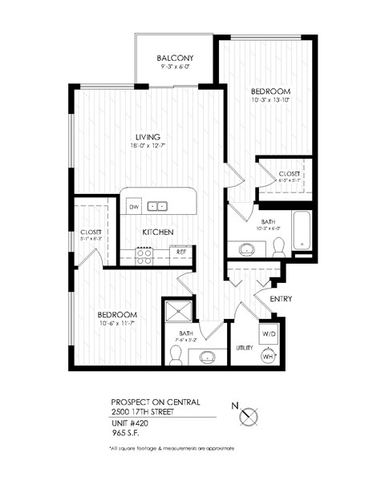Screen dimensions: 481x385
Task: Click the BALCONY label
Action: coord(176,58)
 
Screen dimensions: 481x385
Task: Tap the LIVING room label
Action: coord(147,136)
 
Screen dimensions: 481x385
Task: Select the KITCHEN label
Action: coord(158,232)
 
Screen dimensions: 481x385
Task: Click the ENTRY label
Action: coord(281,300)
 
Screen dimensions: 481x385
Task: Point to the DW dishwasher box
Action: coord(134,206)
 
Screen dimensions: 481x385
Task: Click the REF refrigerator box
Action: coord(182,252)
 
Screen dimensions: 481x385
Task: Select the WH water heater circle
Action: coord(269,354)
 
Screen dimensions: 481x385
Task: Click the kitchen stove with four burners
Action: coord(145,255)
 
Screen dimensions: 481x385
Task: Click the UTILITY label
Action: coord(245,348)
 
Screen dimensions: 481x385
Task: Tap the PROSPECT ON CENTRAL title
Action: coord(156,402)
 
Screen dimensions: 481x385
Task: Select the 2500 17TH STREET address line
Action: coord(145,412)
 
